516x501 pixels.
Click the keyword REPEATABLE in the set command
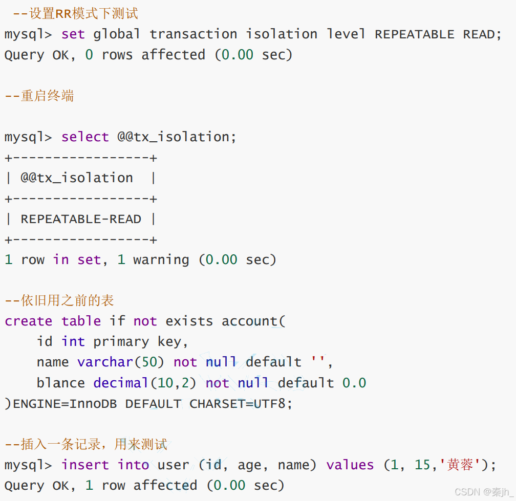(415, 34)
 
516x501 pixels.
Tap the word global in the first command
(117, 34)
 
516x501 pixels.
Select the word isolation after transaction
(282, 34)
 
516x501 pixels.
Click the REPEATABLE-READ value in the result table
(81, 219)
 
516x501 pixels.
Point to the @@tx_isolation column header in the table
(77, 178)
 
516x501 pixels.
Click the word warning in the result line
(161, 260)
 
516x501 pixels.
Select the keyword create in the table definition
(29, 321)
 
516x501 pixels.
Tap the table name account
(249, 321)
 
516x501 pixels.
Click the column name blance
(60, 383)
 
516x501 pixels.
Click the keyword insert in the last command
(84, 465)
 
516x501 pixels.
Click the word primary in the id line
(121, 342)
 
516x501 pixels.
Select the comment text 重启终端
(47, 96)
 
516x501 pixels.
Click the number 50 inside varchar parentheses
(149, 362)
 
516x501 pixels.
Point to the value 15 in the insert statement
(423, 465)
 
